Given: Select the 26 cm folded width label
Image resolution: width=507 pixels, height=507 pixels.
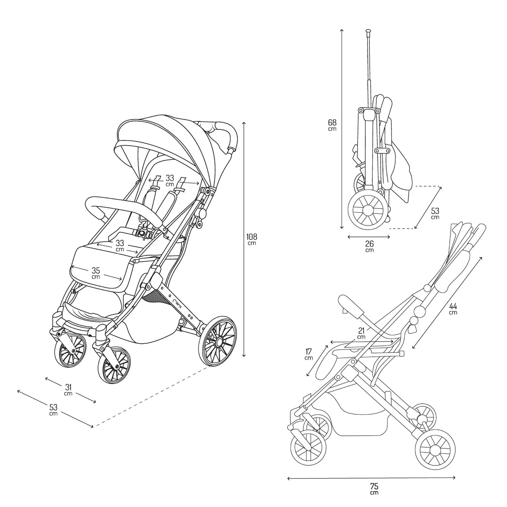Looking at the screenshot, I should click(x=369, y=246).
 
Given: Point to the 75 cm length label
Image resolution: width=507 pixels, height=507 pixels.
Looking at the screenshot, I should click(x=374, y=488).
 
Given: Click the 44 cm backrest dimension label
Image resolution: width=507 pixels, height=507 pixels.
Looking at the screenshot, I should click(x=453, y=308).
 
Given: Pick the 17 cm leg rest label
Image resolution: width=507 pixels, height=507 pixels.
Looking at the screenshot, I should click(x=309, y=354).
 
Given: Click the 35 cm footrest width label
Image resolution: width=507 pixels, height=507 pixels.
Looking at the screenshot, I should click(x=96, y=273).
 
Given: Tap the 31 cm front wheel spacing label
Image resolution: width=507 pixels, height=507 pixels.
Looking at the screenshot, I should click(x=69, y=389).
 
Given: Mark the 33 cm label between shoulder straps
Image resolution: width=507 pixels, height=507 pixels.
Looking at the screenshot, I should click(x=170, y=180).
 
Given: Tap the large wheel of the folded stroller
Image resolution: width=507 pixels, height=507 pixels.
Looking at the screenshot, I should click(x=368, y=210).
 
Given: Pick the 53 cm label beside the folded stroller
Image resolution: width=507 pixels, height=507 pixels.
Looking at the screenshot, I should click(x=435, y=213).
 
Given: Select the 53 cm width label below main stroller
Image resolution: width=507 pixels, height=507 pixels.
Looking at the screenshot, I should click(x=53, y=409).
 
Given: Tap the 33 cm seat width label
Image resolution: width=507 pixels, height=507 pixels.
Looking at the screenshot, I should click(x=120, y=245).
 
